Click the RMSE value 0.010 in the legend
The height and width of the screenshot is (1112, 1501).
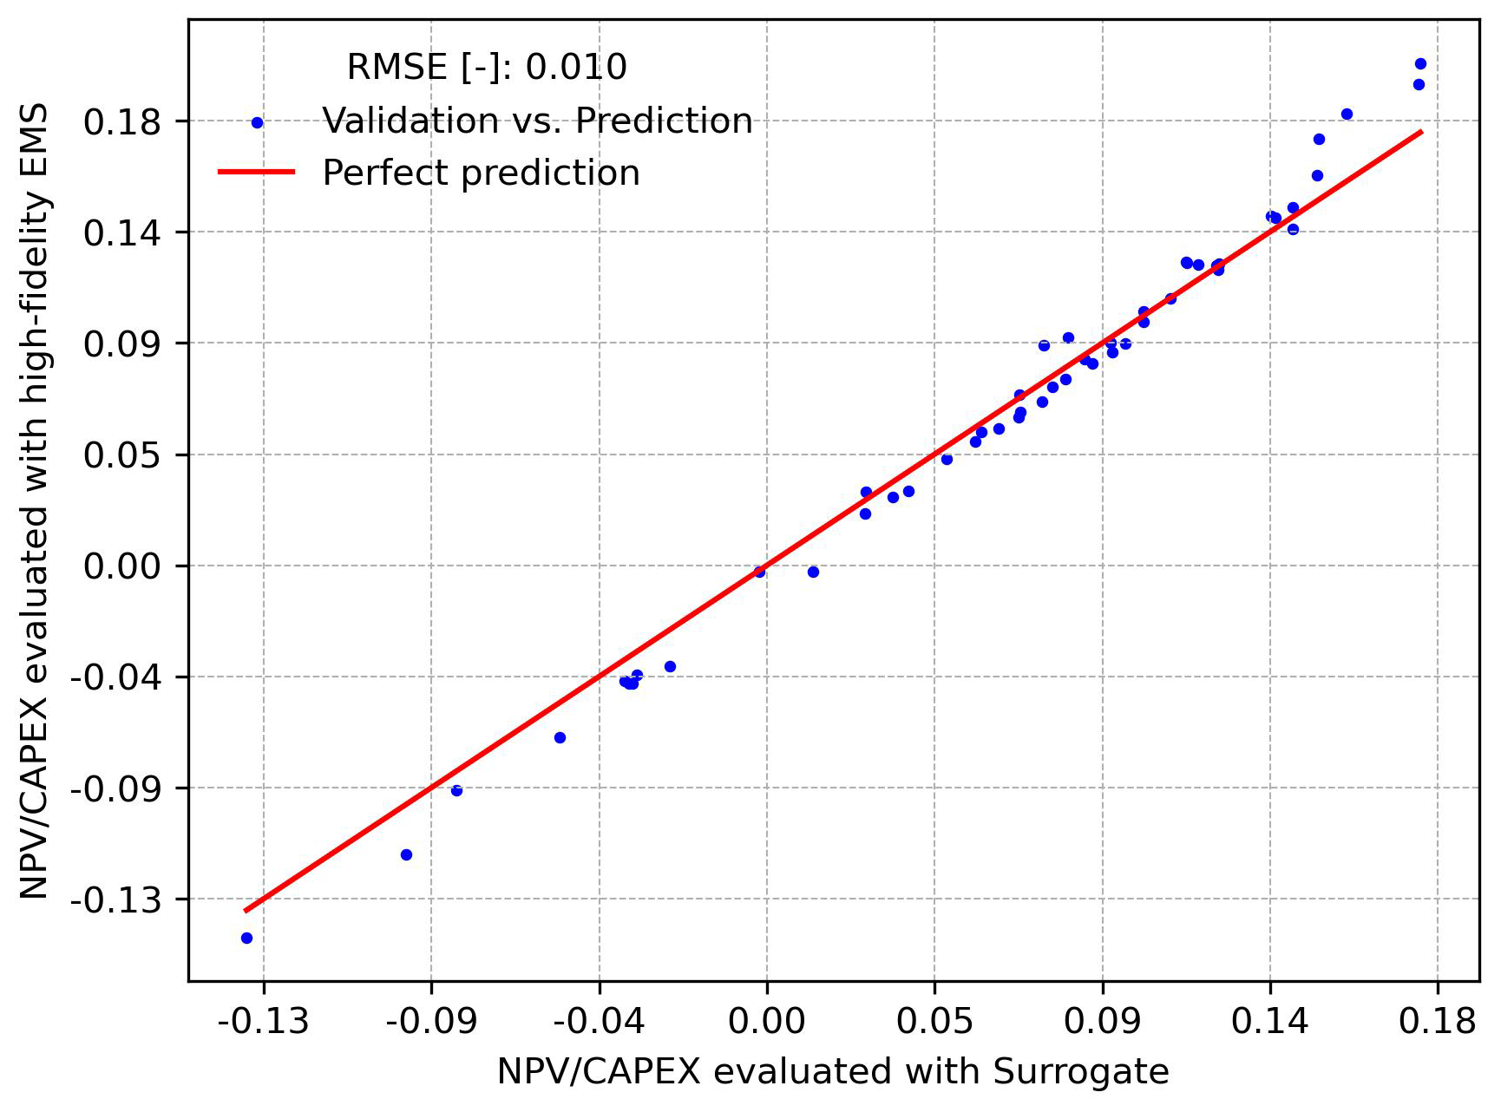(x=576, y=67)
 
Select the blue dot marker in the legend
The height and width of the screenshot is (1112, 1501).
(x=257, y=122)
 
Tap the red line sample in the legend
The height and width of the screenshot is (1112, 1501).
(x=257, y=173)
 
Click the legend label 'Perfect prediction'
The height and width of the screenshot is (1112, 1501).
(x=481, y=173)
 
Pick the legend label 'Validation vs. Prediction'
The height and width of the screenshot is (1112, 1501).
(x=537, y=121)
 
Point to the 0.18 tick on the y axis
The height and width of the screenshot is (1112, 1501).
(x=122, y=121)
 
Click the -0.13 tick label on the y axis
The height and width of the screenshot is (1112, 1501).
(x=116, y=900)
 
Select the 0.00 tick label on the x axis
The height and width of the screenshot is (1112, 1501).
(x=766, y=1022)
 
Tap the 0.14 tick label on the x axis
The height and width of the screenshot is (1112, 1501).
(x=1269, y=1022)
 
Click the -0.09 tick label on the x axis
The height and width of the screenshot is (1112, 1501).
(x=431, y=1022)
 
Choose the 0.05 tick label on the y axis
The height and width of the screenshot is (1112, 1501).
(x=122, y=455)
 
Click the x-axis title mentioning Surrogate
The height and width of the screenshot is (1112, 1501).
(x=833, y=1072)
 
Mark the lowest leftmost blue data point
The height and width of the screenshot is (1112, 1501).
(x=246, y=938)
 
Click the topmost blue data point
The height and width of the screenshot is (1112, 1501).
(x=1420, y=63)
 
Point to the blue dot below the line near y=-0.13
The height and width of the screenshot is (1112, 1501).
(x=406, y=854)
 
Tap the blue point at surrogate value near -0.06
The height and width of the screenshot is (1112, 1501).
(x=560, y=737)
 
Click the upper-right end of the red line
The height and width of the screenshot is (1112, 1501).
(x=1421, y=132)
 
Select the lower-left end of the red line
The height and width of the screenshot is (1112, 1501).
(x=246, y=910)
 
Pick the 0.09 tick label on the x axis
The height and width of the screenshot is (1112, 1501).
(x=1102, y=1022)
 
